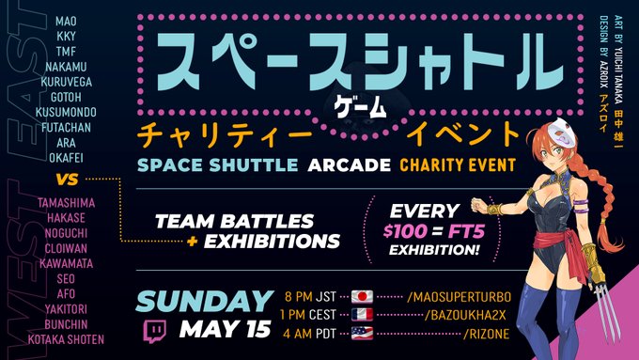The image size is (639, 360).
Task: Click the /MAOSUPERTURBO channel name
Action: click(x=460, y=296)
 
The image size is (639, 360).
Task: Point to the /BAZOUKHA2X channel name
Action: click(x=453, y=314)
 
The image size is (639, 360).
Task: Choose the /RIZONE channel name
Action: click(x=434, y=332)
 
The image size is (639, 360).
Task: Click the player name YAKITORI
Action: click(x=66, y=307)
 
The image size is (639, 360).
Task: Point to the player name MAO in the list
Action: click(x=66, y=19)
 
